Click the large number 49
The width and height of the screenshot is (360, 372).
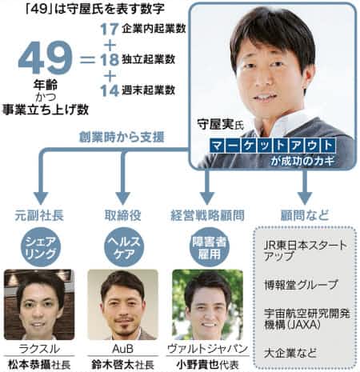click(x=45, y=58)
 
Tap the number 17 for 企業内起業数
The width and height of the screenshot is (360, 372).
click(x=110, y=29)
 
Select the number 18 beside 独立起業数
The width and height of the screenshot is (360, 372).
click(x=110, y=59)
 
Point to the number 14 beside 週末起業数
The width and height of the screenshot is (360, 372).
click(x=110, y=90)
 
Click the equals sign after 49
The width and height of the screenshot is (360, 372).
click(x=87, y=59)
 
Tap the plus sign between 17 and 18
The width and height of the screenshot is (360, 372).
click(x=110, y=45)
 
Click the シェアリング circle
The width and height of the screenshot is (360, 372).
click(x=41, y=247)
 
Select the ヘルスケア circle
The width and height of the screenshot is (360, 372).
click(x=124, y=247)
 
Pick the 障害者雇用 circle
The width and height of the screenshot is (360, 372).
click(x=209, y=247)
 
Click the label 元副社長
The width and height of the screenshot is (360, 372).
click(x=39, y=215)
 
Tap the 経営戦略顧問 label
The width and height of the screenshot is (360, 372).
click(x=207, y=215)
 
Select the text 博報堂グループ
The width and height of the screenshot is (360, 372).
click(x=301, y=285)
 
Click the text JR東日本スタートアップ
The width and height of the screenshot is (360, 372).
click(x=306, y=250)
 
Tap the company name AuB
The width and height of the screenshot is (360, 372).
click(x=122, y=349)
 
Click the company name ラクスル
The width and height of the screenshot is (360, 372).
click(x=39, y=349)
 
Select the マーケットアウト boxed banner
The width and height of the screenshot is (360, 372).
click(x=273, y=146)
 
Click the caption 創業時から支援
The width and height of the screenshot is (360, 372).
click(x=122, y=137)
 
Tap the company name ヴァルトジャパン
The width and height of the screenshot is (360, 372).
click(x=208, y=349)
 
